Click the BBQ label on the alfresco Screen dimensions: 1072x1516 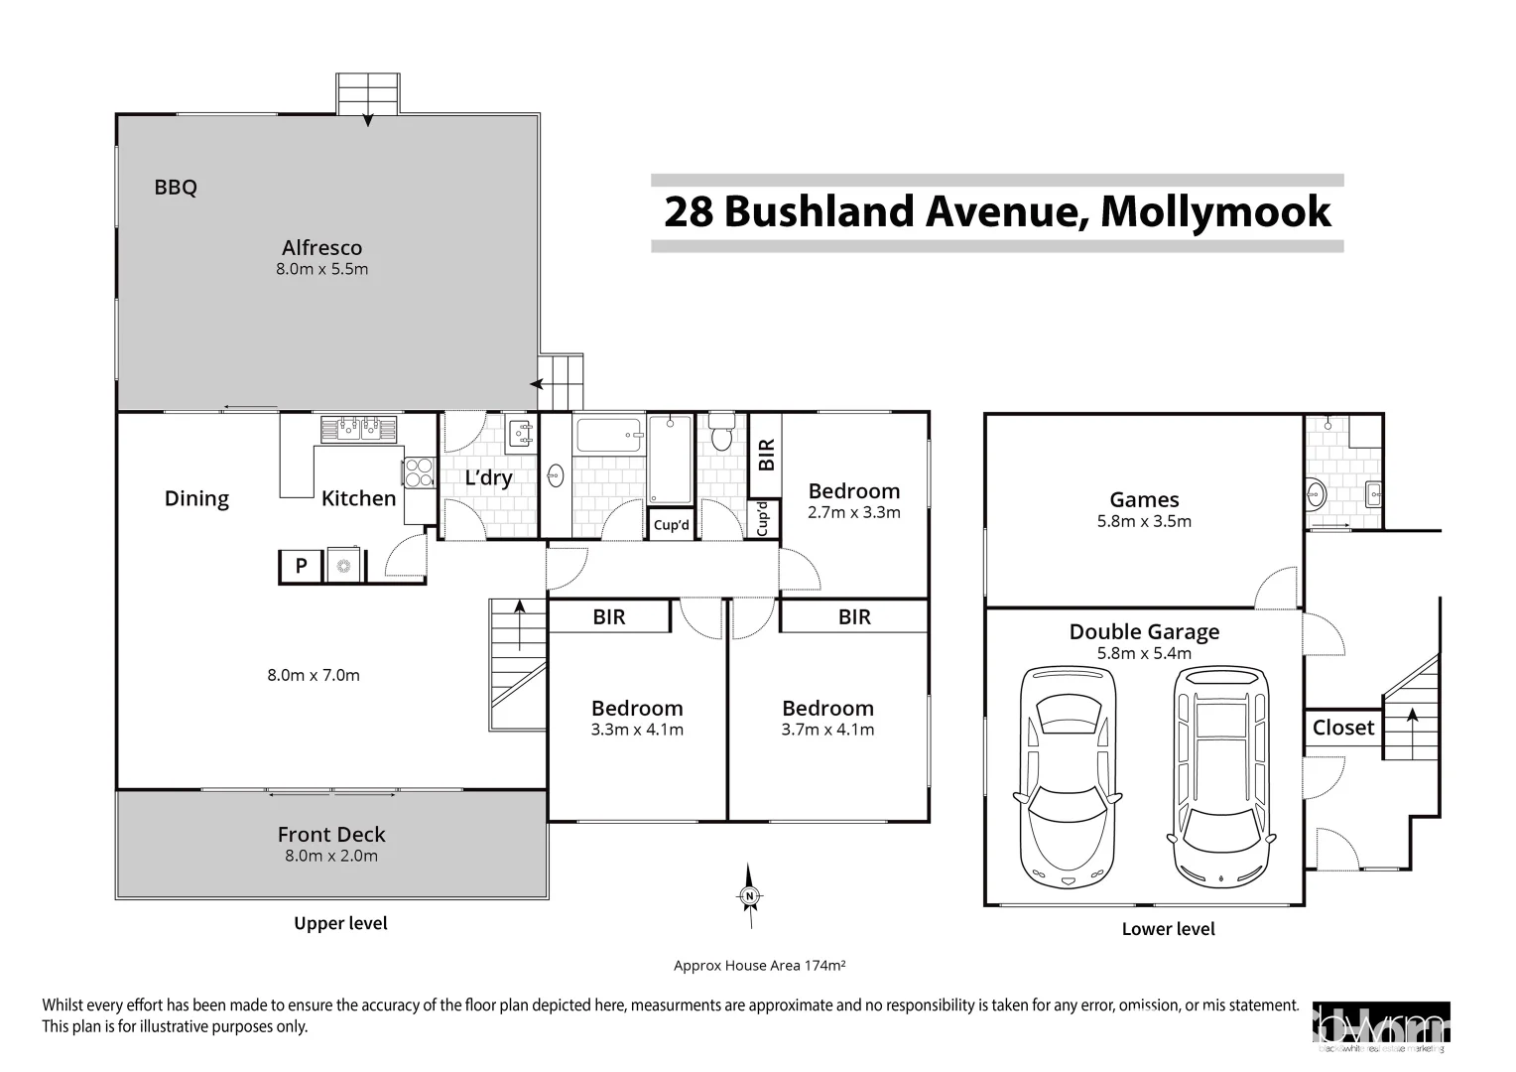click(x=176, y=187)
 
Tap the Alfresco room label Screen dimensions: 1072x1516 click(x=321, y=248)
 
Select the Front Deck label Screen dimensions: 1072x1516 click(x=331, y=835)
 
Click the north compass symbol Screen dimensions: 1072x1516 click(x=750, y=896)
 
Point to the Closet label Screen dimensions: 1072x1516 click(x=1343, y=728)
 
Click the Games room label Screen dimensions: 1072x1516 click(x=1144, y=500)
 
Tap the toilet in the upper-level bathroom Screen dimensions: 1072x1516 click(x=721, y=435)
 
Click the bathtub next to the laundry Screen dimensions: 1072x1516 click(x=608, y=436)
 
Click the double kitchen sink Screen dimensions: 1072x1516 click(x=358, y=429)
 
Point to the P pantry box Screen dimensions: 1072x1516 click(x=302, y=566)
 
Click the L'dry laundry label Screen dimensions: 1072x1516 click(x=488, y=478)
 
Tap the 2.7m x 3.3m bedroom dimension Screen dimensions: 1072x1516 click(x=853, y=513)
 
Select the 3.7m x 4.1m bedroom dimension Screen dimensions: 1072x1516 click(x=827, y=730)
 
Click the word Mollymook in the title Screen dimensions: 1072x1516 click(x=1215, y=211)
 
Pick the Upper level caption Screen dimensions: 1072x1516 click(x=340, y=923)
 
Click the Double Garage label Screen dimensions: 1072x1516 click(x=1144, y=632)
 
